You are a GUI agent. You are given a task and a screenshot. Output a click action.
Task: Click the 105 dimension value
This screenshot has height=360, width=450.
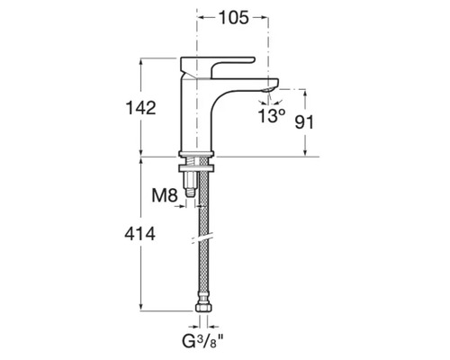(x=234, y=17)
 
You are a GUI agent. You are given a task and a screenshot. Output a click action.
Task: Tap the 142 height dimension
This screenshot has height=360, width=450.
(x=140, y=108)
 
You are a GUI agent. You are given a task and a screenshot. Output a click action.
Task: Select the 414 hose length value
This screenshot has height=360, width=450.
(x=139, y=234)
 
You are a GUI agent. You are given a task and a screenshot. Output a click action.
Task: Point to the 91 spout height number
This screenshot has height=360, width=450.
(x=304, y=122)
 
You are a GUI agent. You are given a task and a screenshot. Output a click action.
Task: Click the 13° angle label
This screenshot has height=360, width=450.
(x=272, y=115)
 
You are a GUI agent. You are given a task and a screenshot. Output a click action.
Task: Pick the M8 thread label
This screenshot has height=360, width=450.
(x=165, y=195)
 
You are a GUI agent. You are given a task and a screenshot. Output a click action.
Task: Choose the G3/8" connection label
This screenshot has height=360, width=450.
(x=202, y=341)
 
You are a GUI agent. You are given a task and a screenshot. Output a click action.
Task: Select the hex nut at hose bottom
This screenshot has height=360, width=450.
(x=203, y=308)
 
